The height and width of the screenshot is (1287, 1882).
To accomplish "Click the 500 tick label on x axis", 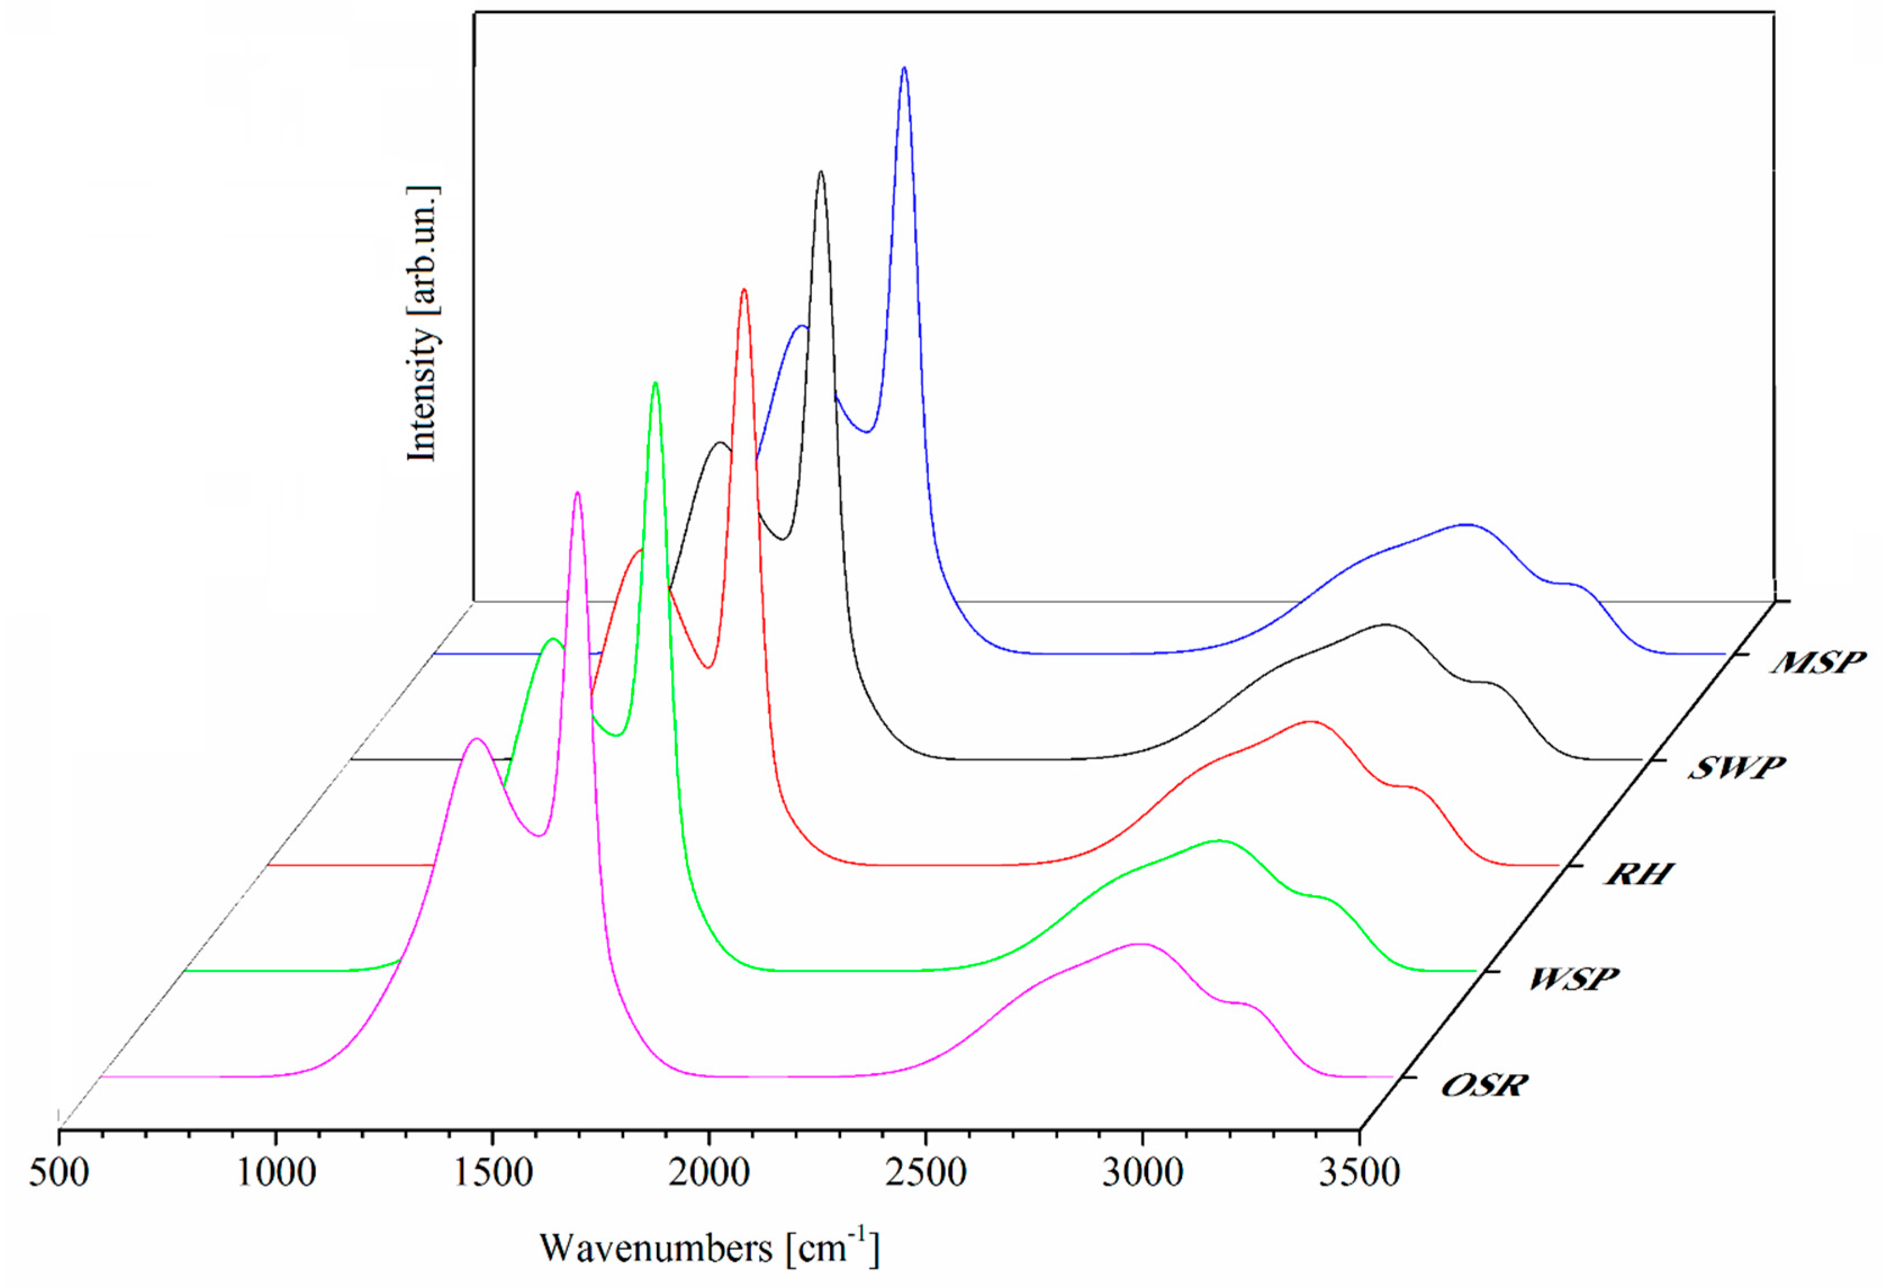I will [x=59, y=1173].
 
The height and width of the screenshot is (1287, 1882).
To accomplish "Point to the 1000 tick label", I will [x=276, y=1173].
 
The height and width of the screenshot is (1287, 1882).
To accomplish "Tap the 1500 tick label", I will [x=491, y=1173].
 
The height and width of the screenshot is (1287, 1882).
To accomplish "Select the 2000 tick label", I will [x=708, y=1173].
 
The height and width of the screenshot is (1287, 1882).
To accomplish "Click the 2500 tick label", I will [x=925, y=1173].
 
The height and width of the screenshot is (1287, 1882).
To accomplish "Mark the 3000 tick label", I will [x=1142, y=1173].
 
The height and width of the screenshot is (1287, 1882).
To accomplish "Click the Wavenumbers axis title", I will [x=708, y=1248].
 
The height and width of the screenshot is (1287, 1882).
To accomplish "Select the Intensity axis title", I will [x=423, y=324].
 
